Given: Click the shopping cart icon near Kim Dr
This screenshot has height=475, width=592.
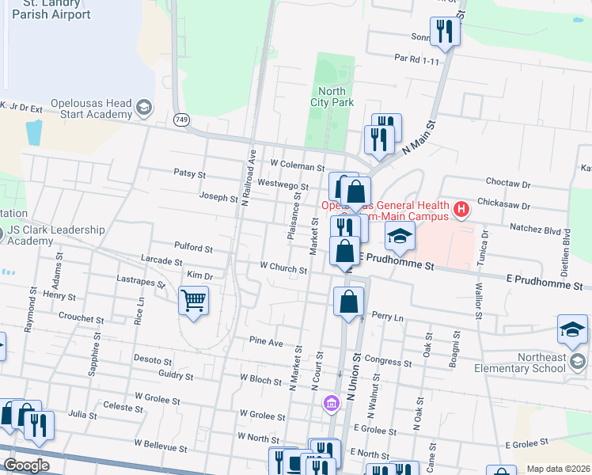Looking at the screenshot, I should tap(193, 301).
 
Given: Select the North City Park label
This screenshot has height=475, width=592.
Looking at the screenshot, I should tap(331, 97).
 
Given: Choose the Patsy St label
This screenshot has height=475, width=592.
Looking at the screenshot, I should tap(190, 173).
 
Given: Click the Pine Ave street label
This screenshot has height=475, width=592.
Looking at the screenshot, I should tap(266, 343).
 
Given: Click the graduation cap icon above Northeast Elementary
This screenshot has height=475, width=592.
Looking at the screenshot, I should tap(572, 329).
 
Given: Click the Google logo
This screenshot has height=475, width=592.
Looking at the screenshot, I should tap(26, 465).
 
